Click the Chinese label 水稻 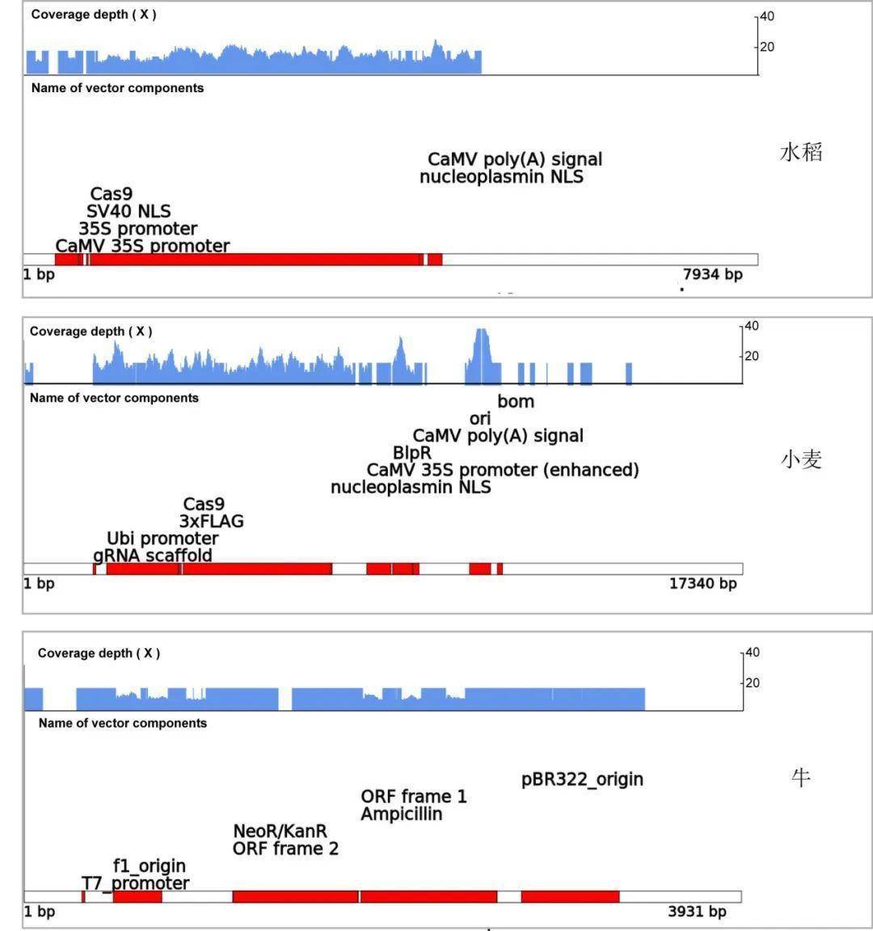click(801, 152)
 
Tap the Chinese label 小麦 click(801, 459)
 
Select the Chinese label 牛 click(800, 778)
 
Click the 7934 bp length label click(712, 274)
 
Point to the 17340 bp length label click(702, 583)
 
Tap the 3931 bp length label click(697, 912)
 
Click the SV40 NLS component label click(129, 211)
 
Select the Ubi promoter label click(162, 539)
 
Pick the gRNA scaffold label click(153, 556)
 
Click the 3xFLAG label click(211, 522)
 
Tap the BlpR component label click(412, 453)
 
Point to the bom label click(516, 401)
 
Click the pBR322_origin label click(582, 780)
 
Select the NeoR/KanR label click(280, 832)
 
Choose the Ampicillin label click(401, 815)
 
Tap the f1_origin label click(150, 866)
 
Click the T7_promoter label click(135, 883)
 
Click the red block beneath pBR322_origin click(570, 896)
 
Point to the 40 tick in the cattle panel click(752, 652)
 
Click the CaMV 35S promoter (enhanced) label click(503, 470)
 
